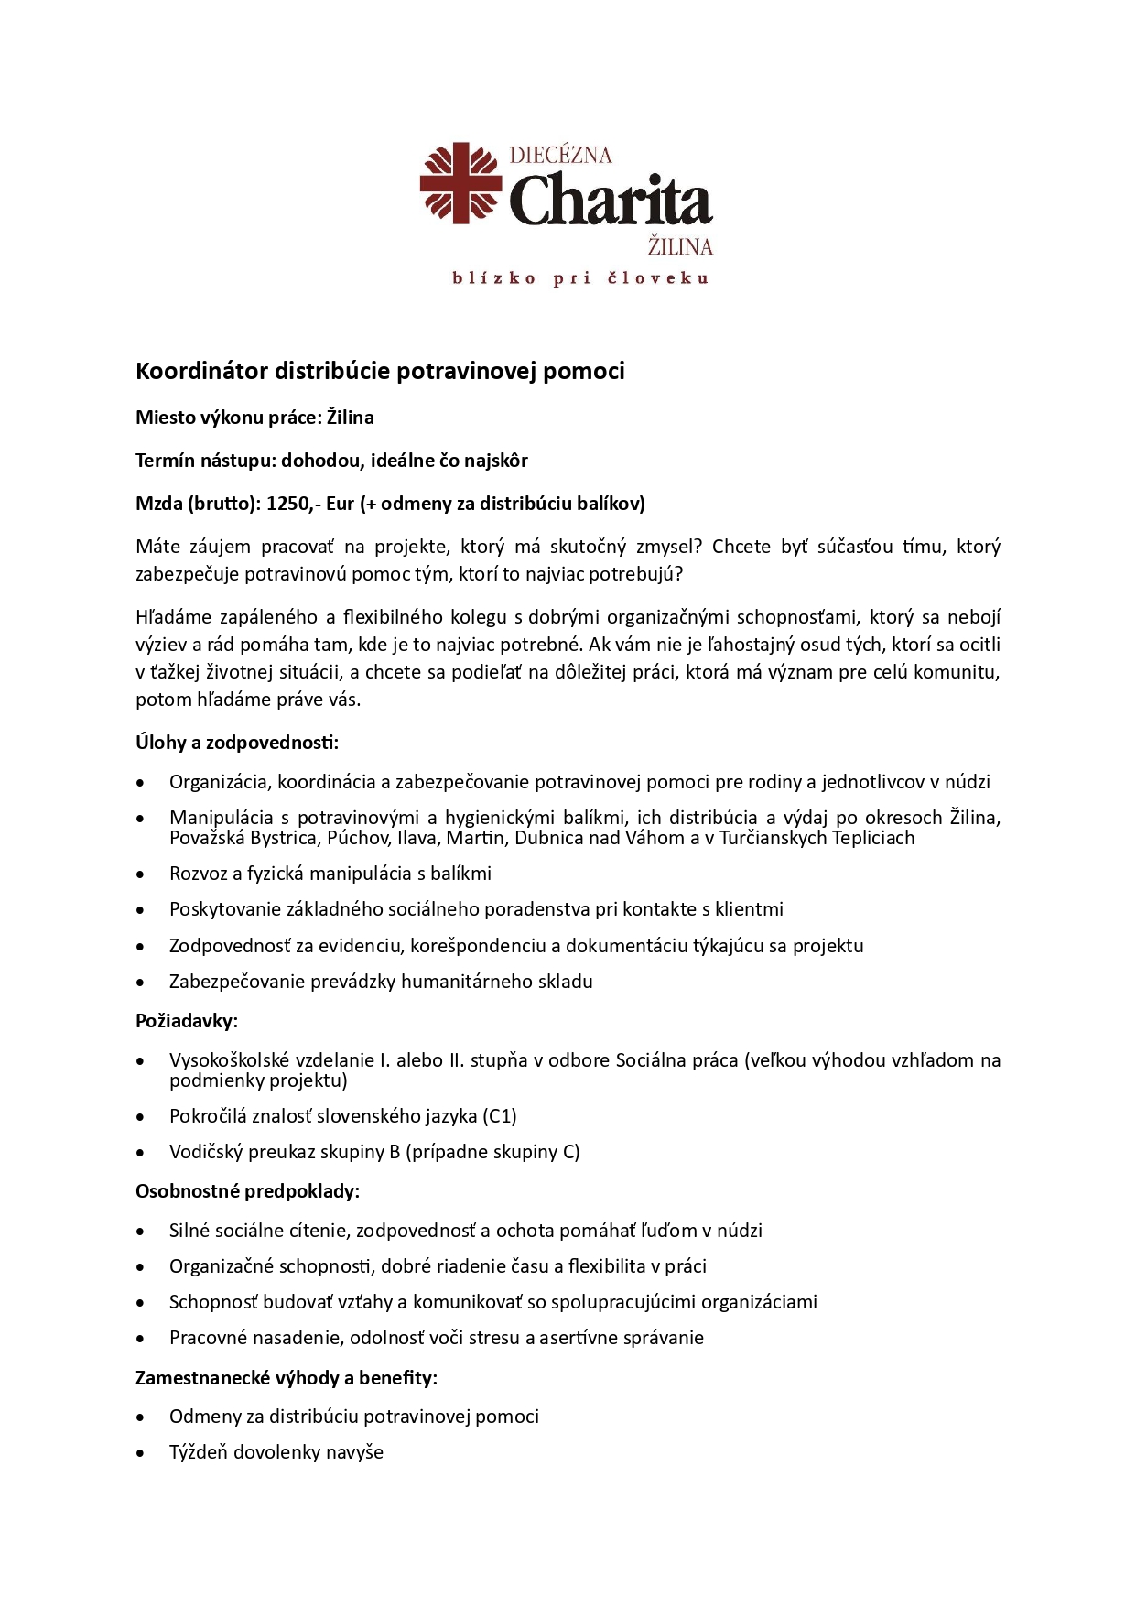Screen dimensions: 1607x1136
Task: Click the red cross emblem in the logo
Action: (460, 182)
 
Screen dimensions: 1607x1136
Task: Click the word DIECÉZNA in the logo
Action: (560, 155)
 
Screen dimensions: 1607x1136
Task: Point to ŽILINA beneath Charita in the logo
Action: (680, 246)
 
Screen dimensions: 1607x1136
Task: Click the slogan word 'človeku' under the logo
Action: (658, 278)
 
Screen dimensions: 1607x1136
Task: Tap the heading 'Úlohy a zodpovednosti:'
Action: (237, 742)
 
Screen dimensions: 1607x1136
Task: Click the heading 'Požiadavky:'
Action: (187, 1020)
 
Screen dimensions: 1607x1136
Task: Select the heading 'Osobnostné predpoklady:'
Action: (247, 1190)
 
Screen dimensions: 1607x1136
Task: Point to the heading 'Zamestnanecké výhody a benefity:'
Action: (287, 1377)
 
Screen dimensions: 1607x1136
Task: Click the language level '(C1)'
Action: (500, 1115)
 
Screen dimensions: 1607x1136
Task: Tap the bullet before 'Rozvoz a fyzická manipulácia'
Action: (140, 874)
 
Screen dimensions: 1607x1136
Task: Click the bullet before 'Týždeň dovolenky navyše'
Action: (140, 1453)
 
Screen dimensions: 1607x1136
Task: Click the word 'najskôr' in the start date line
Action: (495, 460)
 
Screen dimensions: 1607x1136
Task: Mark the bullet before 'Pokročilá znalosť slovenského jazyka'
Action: (140, 1117)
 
